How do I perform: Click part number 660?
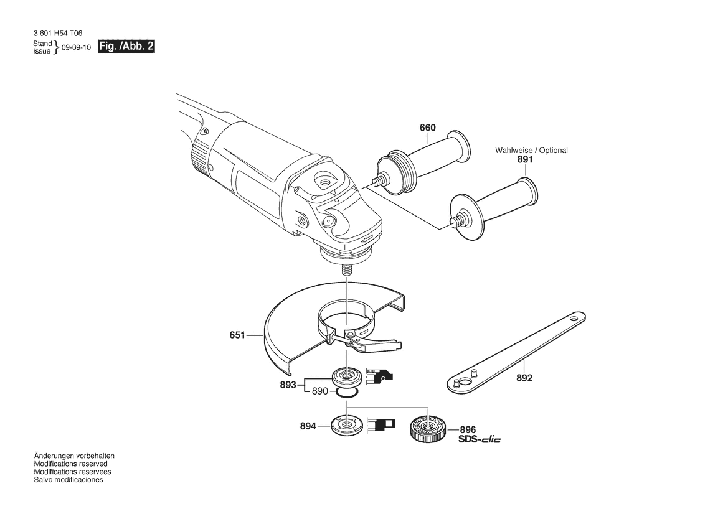point(428,128)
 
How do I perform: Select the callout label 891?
point(525,159)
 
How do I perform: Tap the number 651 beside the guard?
point(237,335)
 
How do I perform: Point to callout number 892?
point(524,378)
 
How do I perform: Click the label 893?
point(288,385)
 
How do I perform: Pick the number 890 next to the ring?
point(320,391)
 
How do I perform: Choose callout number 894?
point(308,426)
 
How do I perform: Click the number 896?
point(468,429)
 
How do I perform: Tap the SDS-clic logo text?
point(480,439)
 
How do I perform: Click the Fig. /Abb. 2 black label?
point(126,47)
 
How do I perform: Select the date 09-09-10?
point(76,48)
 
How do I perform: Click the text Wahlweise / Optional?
point(531,151)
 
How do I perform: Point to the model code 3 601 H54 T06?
point(58,34)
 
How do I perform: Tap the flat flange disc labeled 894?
point(347,425)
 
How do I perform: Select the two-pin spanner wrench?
point(517,353)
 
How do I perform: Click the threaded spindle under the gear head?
point(346,270)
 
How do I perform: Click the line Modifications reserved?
point(70,464)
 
